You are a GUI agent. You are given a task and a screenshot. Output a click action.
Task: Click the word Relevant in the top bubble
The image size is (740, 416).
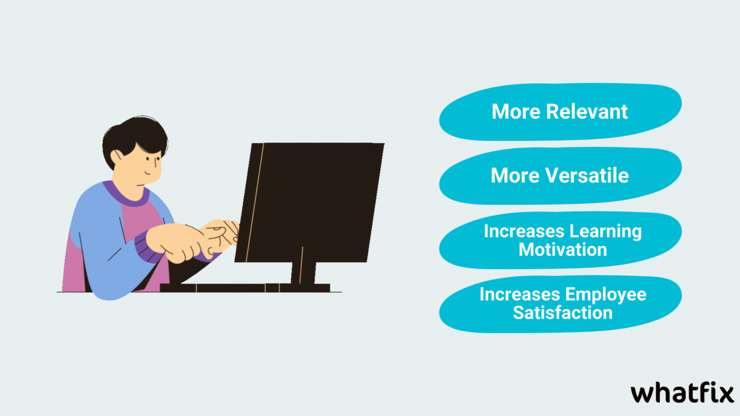[587, 111]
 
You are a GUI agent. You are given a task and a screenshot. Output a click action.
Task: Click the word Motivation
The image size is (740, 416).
[563, 249]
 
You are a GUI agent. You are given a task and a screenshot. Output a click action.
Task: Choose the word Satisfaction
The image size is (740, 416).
[563, 312]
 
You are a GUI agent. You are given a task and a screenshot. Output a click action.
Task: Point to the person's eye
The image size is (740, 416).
[157, 161]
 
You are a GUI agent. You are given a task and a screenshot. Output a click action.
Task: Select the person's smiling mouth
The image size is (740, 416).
[147, 173]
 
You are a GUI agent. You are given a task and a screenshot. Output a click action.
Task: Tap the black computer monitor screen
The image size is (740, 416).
[309, 203]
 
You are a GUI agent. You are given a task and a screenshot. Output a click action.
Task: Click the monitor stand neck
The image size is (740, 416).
[303, 273]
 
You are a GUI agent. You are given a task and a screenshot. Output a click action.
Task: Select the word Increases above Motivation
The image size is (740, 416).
[524, 232]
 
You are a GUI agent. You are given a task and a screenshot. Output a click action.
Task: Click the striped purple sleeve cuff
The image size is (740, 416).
[148, 247]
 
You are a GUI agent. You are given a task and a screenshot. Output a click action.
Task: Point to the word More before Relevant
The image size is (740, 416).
[516, 111]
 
